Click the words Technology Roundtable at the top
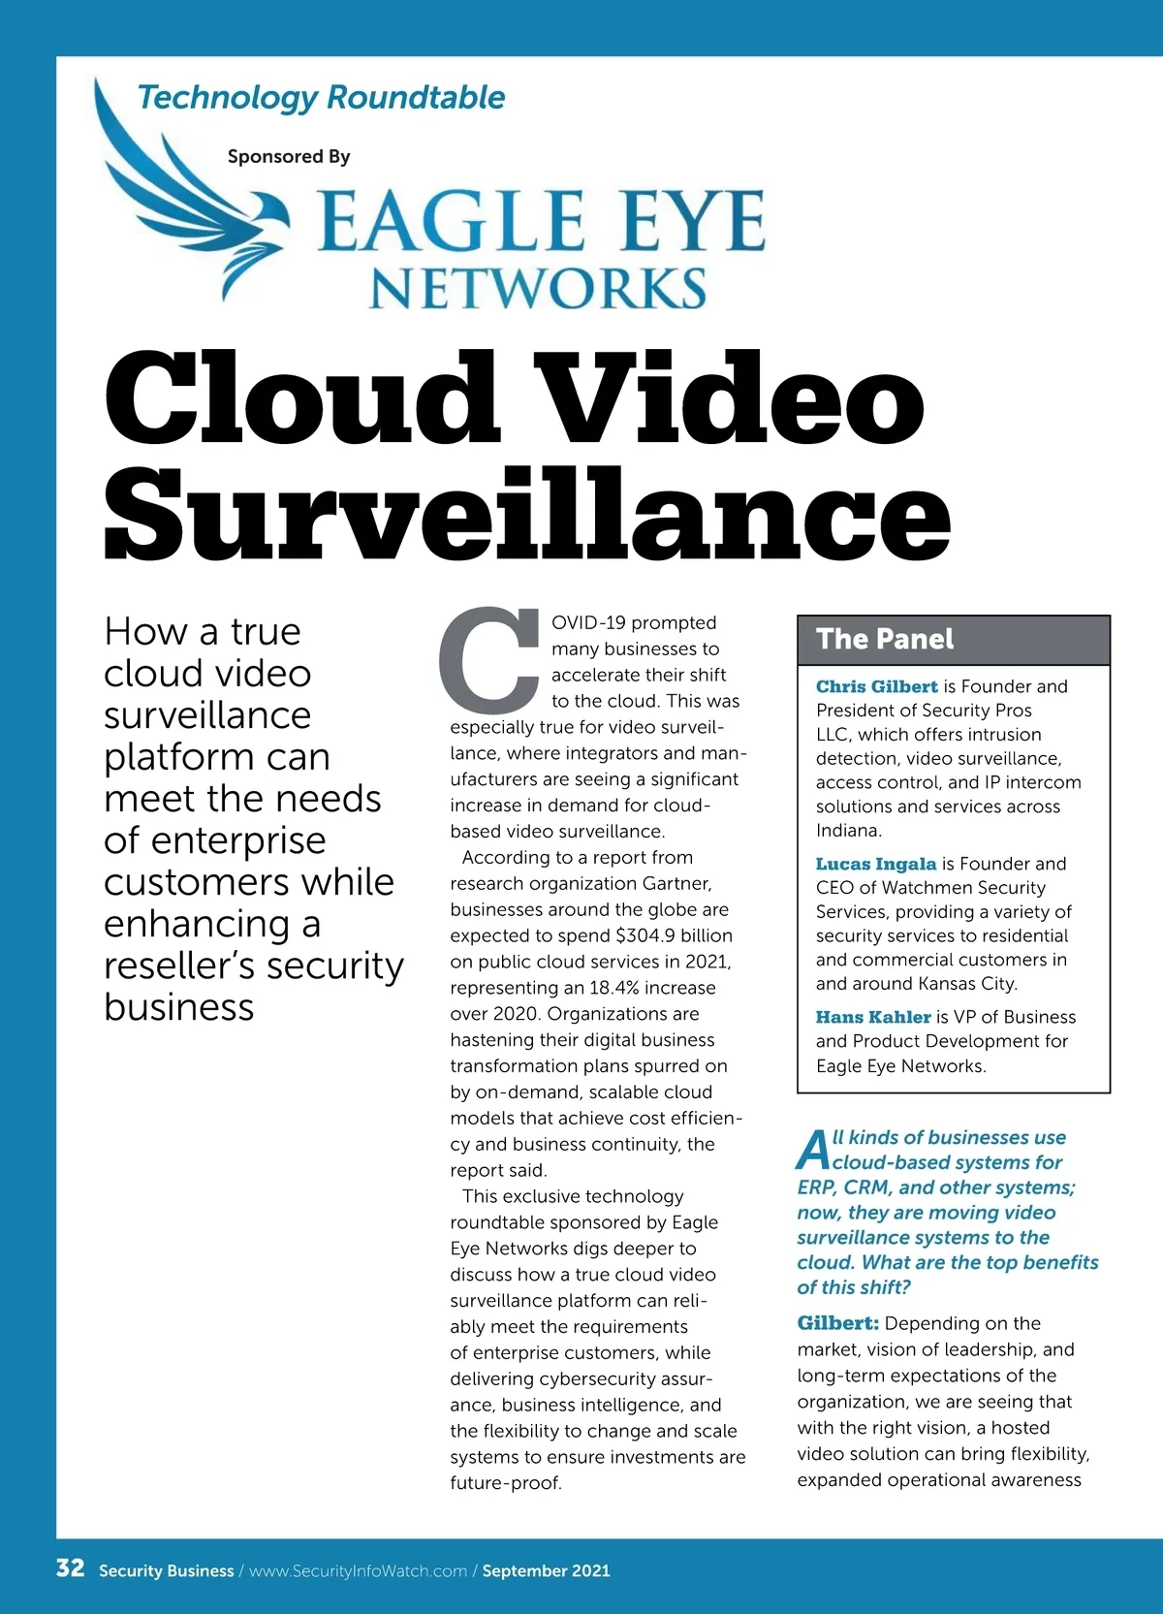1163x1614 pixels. (x=321, y=97)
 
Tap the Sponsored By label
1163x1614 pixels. (x=288, y=156)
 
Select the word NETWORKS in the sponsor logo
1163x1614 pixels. (x=538, y=288)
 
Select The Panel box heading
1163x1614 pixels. (x=885, y=639)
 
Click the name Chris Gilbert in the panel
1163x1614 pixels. (x=876, y=686)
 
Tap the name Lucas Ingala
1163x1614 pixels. (x=875, y=864)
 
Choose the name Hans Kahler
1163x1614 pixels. (x=872, y=1017)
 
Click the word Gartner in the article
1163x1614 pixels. (x=676, y=883)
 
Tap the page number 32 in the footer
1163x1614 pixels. (x=70, y=1568)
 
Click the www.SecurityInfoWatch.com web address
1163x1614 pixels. (x=358, y=1570)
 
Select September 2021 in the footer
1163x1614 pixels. (x=546, y=1570)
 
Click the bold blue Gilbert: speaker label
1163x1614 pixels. (x=837, y=1323)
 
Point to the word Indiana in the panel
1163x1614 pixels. (x=848, y=830)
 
